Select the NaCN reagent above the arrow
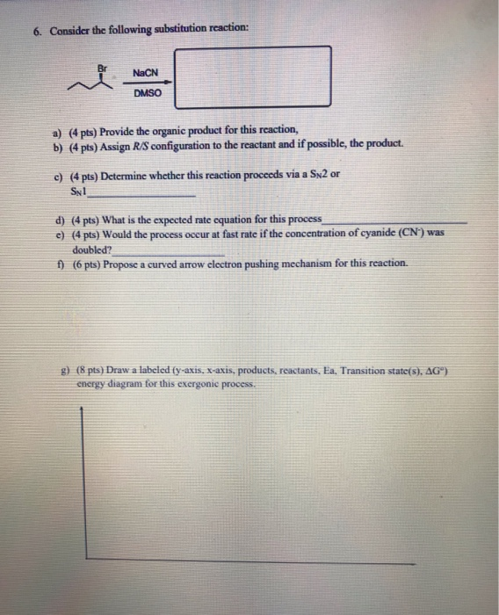tap(143, 72)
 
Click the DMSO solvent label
tap(146, 92)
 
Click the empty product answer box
tap(258, 76)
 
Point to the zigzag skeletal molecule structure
tap(88, 82)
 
